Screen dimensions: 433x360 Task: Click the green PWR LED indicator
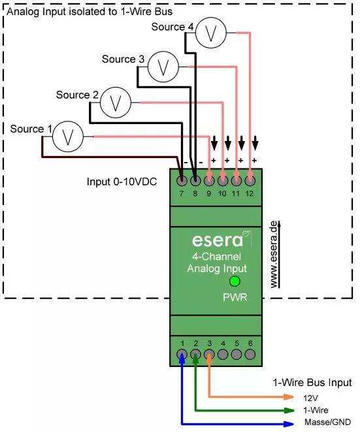click(235, 281)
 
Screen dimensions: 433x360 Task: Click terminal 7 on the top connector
click(182, 180)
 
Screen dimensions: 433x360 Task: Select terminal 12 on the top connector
click(250, 180)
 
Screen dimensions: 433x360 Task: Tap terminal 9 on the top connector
click(209, 180)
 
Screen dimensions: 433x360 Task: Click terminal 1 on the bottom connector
click(182, 355)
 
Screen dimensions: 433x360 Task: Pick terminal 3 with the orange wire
click(209, 355)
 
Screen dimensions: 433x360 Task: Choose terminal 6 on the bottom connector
click(250, 355)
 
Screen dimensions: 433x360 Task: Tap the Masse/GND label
click(327, 423)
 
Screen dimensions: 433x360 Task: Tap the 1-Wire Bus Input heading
click(312, 382)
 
